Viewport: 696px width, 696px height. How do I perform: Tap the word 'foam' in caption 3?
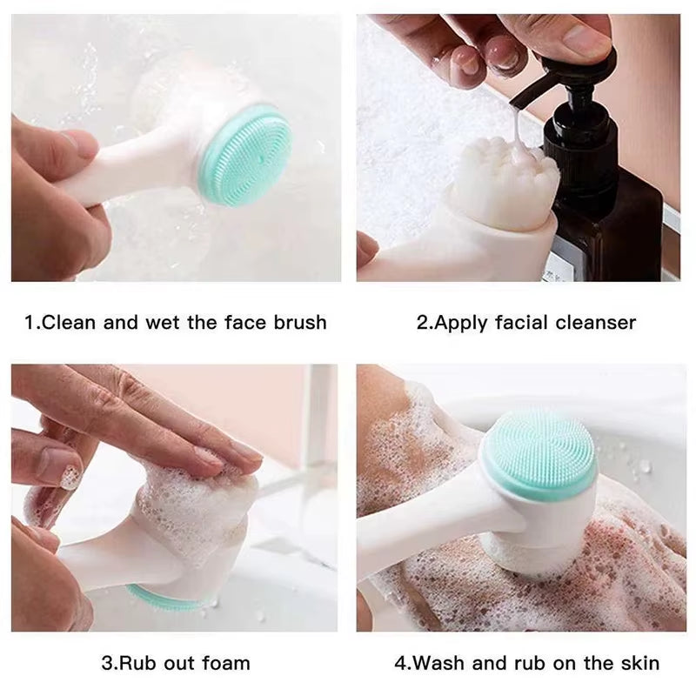point(225,663)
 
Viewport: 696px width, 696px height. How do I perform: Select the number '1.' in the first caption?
point(32,323)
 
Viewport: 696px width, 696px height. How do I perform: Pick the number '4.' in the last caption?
point(402,663)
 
